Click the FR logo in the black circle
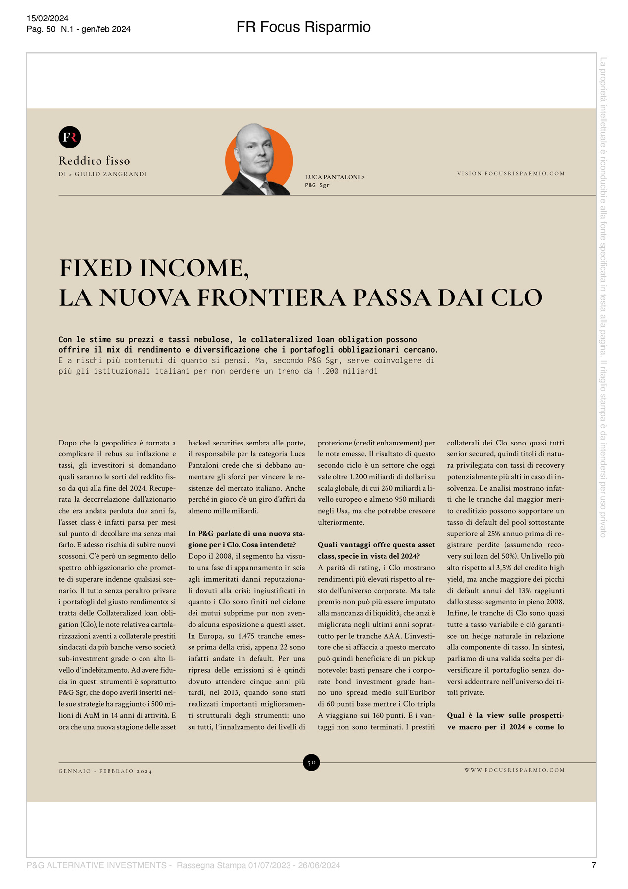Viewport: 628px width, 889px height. point(70,137)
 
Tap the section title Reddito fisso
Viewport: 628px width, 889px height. point(95,161)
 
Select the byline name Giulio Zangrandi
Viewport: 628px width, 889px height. point(110,174)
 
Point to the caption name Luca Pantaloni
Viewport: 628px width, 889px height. point(333,177)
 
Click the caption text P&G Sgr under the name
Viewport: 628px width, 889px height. point(317,185)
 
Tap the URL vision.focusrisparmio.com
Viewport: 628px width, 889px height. point(511,174)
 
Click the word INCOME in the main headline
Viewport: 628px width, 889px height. point(193,269)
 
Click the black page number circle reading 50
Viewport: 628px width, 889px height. point(311,762)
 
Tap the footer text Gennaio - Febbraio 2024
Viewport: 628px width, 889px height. point(105,771)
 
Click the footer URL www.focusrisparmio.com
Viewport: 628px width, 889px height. point(514,770)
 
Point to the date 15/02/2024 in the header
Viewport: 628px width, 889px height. point(48,19)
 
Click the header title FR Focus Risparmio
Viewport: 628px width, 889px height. point(303,27)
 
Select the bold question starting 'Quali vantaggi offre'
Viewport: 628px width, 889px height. point(376,550)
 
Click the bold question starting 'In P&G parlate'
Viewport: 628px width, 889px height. point(246,539)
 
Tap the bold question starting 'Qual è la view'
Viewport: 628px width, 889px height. point(505,721)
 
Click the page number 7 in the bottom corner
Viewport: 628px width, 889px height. point(594,865)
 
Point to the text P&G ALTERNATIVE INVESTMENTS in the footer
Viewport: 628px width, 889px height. point(97,865)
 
